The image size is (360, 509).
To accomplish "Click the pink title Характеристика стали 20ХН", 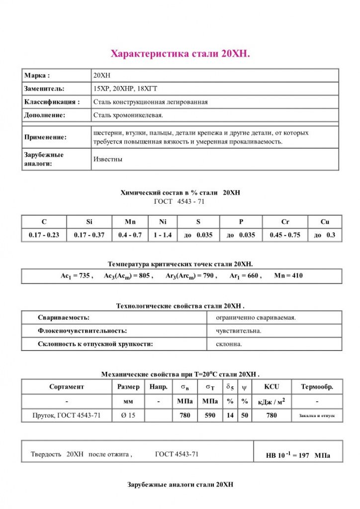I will (180, 54).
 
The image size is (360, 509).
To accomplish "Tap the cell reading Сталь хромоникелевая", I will (128, 115).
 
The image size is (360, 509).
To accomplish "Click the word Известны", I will (108, 160).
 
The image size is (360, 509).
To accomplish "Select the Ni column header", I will (163, 222).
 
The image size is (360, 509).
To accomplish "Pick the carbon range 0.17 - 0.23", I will (44, 235).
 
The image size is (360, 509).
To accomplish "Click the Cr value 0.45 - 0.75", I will (285, 235).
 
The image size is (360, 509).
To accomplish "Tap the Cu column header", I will (325, 222).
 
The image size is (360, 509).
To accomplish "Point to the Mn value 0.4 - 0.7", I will (130, 235).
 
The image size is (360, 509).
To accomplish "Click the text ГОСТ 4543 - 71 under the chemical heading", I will (180, 202).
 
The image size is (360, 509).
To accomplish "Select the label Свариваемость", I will (64, 317).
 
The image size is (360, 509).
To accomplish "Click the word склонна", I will (229, 343).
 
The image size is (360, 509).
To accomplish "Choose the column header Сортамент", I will (67, 387).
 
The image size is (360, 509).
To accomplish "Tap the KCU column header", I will (271, 387).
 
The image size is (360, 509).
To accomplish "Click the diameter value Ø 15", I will (128, 415).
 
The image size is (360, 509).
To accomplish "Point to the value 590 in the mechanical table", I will (210, 415).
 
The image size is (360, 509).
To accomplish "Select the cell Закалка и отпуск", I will (317, 415).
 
